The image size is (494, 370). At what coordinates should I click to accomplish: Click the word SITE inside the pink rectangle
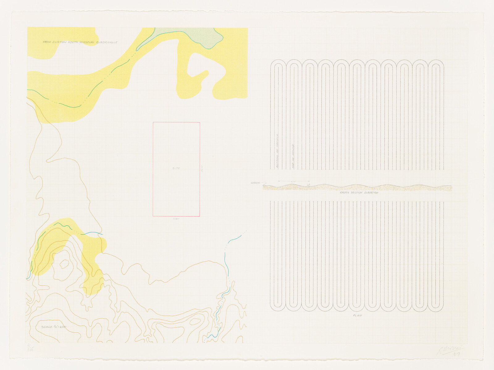(x=176, y=168)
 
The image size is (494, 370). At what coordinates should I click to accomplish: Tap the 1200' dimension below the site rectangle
(x=176, y=219)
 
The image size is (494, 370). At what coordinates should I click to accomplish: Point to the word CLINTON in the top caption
(x=59, y=42)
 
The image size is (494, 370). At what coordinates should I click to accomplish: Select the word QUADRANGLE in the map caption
(x=107, y=42)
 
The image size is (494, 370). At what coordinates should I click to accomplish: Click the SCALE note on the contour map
(x=54, y=327)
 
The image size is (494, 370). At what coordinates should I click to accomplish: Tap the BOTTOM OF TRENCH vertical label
(x=277, y=151)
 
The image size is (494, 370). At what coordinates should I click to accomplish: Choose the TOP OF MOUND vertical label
(x=293, y=156)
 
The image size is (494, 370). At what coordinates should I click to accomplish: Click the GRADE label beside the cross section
(x=255, y=183)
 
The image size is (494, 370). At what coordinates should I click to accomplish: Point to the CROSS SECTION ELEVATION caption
(x=359, y=193)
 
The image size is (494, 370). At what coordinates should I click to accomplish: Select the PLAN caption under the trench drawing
(x=357, y=315)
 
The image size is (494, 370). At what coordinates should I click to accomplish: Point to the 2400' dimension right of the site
(x=203, y=169)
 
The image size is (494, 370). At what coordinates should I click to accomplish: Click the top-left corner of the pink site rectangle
(x=153, y=123)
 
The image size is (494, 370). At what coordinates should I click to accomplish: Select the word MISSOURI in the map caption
(x=87, y=42)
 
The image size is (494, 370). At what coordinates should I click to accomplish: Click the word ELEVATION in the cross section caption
(x=371, y=193)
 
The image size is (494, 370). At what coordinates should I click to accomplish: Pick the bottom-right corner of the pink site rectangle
(x=199, y=216)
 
